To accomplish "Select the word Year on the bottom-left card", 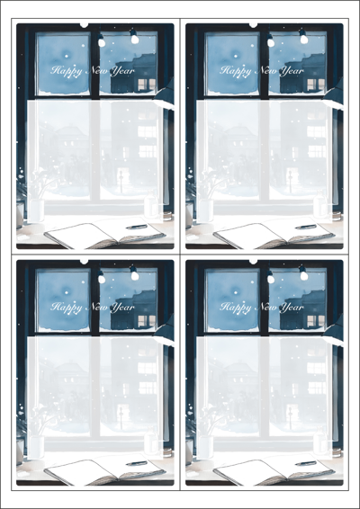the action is tap(122, 308).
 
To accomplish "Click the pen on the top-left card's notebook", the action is tap(137, 227).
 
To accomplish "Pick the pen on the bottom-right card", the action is tap(306, 463).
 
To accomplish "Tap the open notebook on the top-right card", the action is tap(274, 236).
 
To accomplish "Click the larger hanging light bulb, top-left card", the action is tap(134, 38).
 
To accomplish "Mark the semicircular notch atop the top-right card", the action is tap(253, 25).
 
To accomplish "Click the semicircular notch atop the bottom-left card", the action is tap(84, 262).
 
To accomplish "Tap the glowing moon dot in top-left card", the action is tap(67, 56).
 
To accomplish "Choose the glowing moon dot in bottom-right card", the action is tap(236, 292).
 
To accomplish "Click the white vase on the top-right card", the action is tap(205, 210).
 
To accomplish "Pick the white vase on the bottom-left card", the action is tap(36, 447).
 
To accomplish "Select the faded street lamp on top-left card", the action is tap(121, 181).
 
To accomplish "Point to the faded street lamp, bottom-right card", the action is tap(290, 417).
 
